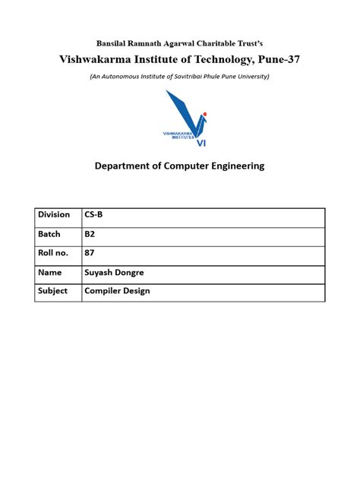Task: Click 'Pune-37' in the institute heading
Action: coord(276,59)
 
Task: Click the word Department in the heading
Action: coord(124,166)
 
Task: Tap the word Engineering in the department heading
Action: coord(232,166)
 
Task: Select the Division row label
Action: coord(54,215)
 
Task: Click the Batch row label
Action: coord(49,234)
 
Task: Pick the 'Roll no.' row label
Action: coord(53,253)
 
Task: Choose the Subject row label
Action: coord(53,290)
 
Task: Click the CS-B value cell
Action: coord(94,215)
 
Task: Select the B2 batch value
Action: coord(90,234)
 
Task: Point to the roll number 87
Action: coord(90,253)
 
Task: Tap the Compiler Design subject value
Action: coord(117,290)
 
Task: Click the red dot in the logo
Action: coord(205,114)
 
